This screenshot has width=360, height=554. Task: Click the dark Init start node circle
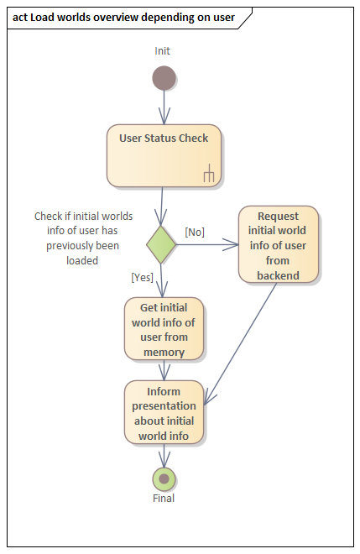(164, 78)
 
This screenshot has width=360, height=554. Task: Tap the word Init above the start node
(163, 51)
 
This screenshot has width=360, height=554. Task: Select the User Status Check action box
(164, 155)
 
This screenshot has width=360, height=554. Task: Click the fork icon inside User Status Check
(209, 174)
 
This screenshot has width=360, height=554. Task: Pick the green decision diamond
(161, 245)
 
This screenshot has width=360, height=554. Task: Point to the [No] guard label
(195, 232)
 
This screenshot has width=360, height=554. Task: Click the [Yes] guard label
(142, 277)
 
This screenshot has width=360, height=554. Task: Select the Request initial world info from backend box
(279, 244)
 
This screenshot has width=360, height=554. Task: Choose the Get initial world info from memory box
(164, 329)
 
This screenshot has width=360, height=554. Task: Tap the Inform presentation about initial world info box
(164, 412)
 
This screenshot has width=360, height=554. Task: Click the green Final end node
(164, 478)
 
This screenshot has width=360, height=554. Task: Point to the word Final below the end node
(164, 498)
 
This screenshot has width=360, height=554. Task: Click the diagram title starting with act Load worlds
(126, 17)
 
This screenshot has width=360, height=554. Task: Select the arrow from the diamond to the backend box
(206, 245)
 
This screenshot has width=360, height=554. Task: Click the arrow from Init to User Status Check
(164, 107)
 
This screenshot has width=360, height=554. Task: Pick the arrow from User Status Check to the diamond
(162, 206)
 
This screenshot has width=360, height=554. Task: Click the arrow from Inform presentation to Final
(164, 456)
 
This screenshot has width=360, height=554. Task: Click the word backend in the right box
(279, 274)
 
